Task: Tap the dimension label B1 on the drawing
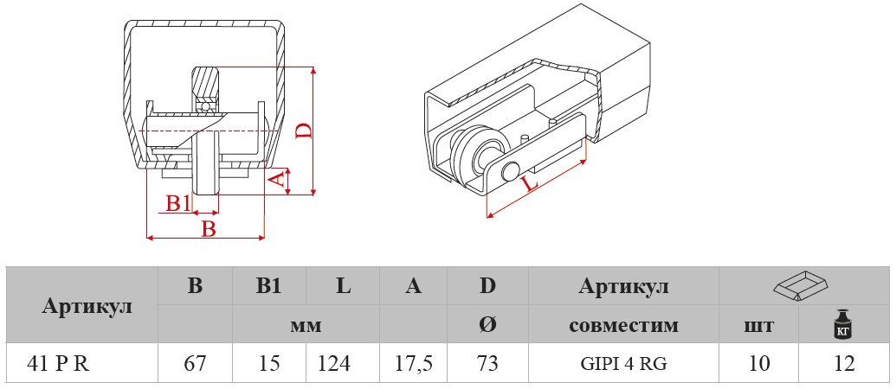tap(177, 203)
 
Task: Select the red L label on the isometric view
tap(531, 183)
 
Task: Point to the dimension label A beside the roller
tap(276, 179)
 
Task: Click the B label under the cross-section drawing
tap(209, 228)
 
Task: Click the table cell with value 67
tap(196, 363)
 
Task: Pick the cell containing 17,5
tap(415, 363)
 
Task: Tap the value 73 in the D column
tap(487, 363)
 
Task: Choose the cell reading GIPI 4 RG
tap(623, 363)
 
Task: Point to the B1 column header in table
tap(269, 287)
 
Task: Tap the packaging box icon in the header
tap(801, 286)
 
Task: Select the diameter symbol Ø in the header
tap(487, 326)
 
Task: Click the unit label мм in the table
tap(306, 326)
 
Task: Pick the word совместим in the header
tap(623, 326)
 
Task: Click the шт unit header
tap(759, 326)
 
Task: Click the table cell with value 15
tap(269, 363)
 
